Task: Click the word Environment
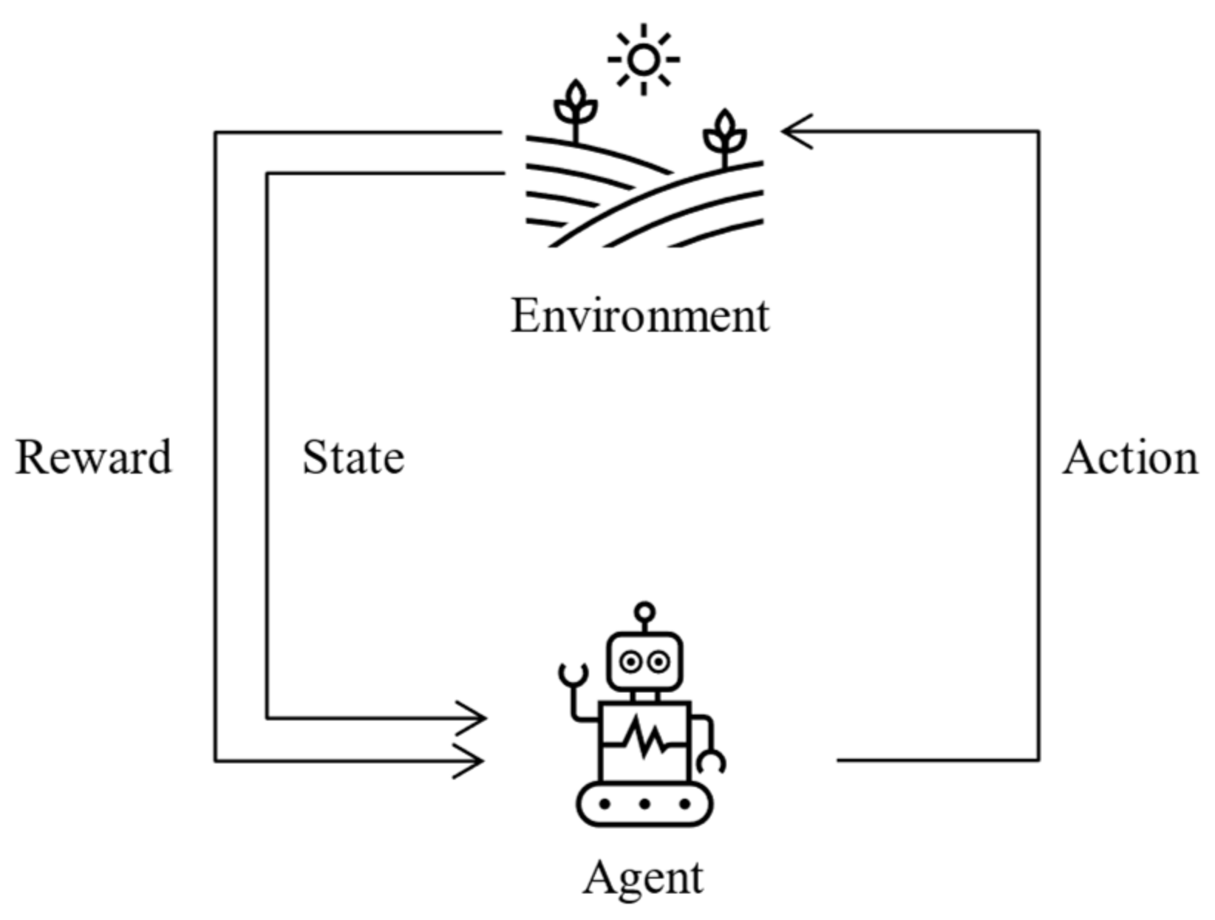(x=640, y=316)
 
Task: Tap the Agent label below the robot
(x=643, y=878)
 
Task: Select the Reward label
(x=94, y=457)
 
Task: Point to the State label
(x=353, y=457)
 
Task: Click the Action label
(x=1130, y=457)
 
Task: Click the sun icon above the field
(x=644, y=60)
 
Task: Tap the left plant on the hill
(x=576, y=108)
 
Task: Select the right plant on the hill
(x=724, y=137)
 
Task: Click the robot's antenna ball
(x=644, y=612)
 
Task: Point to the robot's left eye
(x=630, y=662)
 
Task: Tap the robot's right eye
(x=658, y=662)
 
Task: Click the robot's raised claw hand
(x=573, y=673)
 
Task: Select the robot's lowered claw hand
(x=712, y=763)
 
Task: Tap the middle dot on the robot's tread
(x=644, y=804)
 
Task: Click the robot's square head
(x=644, y=661)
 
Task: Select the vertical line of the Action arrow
(x=1038, y=443)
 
